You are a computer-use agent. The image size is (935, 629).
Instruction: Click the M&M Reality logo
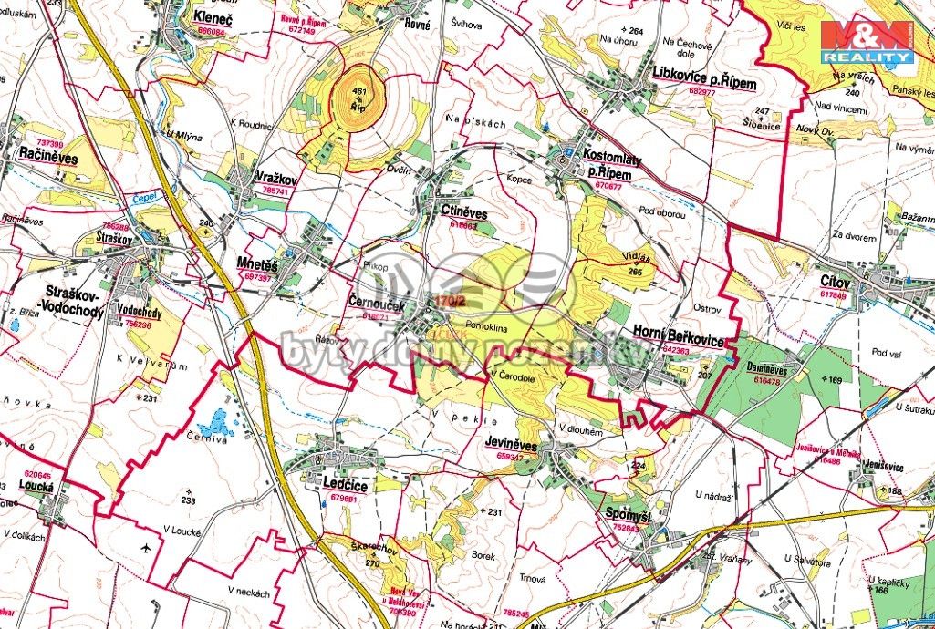click(x=867, y=40)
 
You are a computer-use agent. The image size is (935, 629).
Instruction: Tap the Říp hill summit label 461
click(x=358, y=91)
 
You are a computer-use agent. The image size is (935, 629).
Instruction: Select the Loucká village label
click(x=36, y=486)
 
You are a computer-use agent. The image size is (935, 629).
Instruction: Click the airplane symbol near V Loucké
click(x=146, y=548)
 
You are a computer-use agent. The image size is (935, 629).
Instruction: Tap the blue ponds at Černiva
click(x=217, y=423)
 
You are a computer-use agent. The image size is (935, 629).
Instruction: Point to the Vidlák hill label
click(x=641, y=259)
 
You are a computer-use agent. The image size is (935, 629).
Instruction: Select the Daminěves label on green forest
click(x=773, y=370)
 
